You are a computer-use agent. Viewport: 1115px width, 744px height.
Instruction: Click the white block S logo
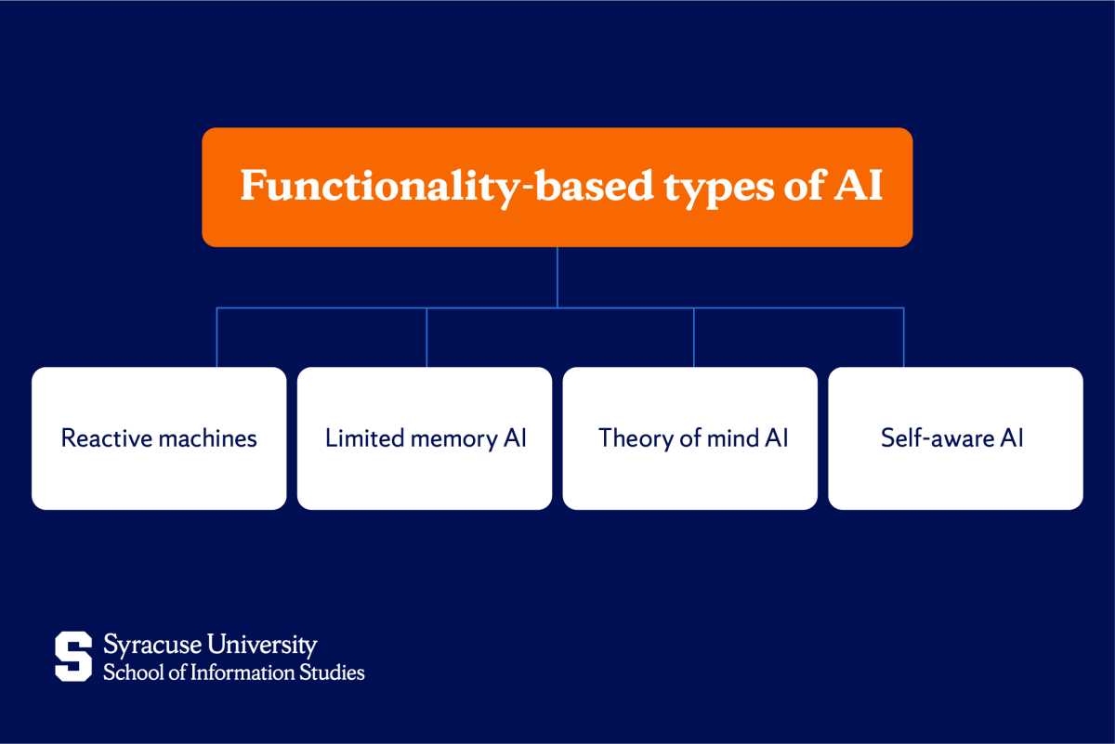(73, 656)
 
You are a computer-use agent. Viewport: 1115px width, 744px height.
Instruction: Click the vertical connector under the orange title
(557, 276)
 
